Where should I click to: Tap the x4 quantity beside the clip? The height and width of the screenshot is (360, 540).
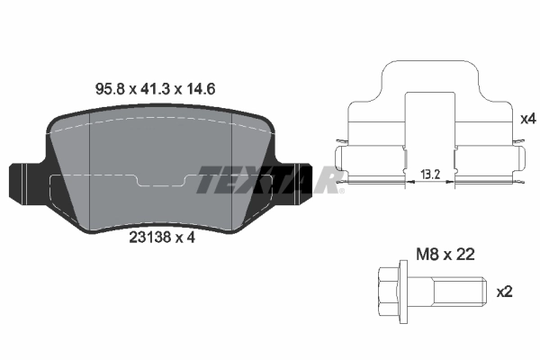528,118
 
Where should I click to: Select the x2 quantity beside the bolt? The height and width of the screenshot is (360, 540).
505,292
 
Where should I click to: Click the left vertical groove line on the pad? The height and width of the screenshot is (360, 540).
93,175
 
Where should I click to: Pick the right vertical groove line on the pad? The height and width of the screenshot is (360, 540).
233,175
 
